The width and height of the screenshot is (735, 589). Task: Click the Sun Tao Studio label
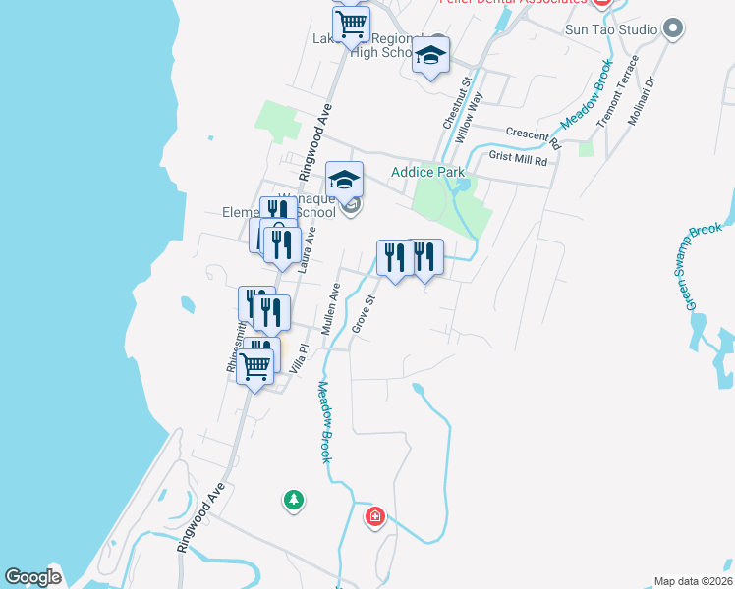click(610, 29)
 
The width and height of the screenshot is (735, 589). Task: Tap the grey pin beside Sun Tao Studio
click(673, 28)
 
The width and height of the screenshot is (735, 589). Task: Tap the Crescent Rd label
click(533, 135)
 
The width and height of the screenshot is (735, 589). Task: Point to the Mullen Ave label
click(329, 308)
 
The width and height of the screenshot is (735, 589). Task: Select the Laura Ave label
click(308, 249)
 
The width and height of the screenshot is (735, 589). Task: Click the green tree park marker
click(293, 501)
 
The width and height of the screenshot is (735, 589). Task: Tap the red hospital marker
click(374, 516)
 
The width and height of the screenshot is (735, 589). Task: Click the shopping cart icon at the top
click(351, 23)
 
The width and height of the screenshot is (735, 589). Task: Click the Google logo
click(32, 577)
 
